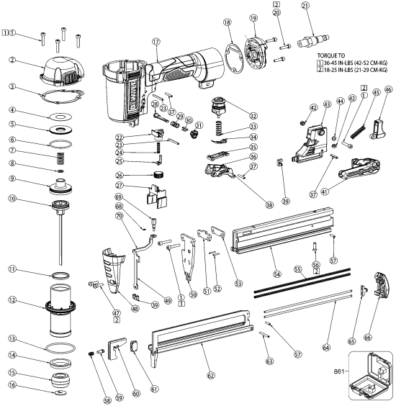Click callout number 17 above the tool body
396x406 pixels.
155,42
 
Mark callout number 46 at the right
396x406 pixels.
390,90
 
